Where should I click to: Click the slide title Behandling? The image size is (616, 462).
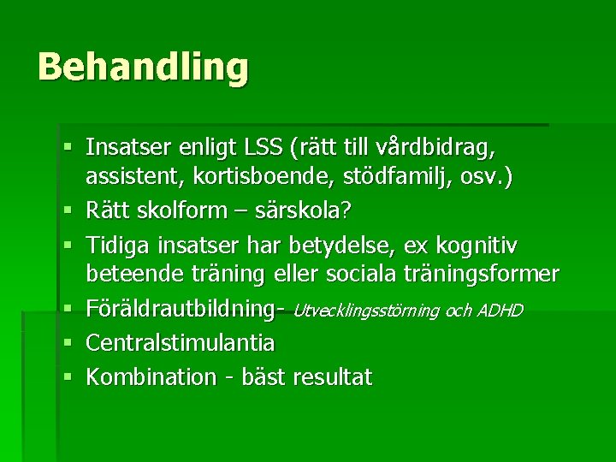coord(143,68)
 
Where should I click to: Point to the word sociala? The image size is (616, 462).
coord(362,275)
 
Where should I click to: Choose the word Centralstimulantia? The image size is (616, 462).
coord(181,344)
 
